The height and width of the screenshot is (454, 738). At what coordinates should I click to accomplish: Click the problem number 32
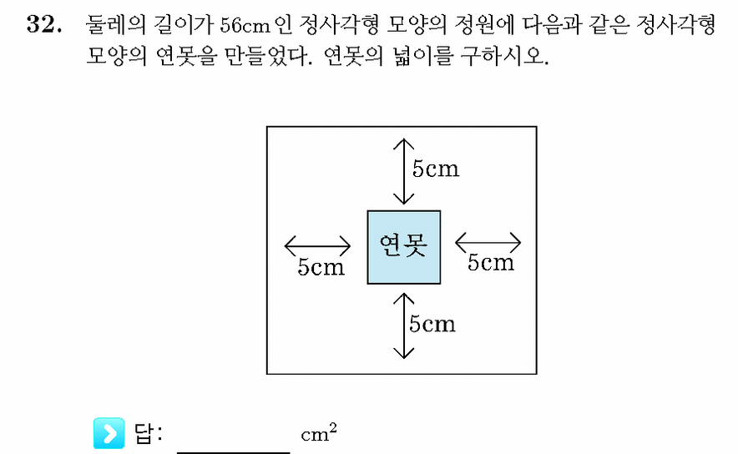click(44, 24)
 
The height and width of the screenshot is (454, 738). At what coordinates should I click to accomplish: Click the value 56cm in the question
click(245, 25)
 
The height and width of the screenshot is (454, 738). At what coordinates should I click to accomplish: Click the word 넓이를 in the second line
click(423, 57)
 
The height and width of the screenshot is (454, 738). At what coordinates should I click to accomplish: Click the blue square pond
click(404, 248)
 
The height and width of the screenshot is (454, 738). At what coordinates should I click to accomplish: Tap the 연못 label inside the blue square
click(403, 245)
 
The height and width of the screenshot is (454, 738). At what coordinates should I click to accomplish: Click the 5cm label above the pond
click(435, 169)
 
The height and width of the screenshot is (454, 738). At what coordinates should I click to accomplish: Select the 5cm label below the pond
click(432, 324)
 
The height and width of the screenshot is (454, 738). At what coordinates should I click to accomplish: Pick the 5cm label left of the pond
click(321, 267)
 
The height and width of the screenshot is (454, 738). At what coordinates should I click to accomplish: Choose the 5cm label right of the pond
click(490, 262)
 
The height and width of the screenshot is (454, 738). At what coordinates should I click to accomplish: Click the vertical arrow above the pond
click(404, 171)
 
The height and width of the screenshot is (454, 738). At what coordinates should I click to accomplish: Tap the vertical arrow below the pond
click(404, 325)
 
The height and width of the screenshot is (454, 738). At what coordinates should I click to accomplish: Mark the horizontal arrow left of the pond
click(318, 245)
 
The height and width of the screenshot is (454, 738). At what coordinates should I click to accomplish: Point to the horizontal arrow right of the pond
click(488, 243)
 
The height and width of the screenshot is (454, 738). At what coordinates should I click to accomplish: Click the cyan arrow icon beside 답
click(109, 433)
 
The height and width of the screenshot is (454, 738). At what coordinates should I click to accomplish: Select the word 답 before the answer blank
click(143, 433)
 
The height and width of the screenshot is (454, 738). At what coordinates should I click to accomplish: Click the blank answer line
click(234, 452)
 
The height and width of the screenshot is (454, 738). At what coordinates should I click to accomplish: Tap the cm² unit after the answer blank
click(319, 432)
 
